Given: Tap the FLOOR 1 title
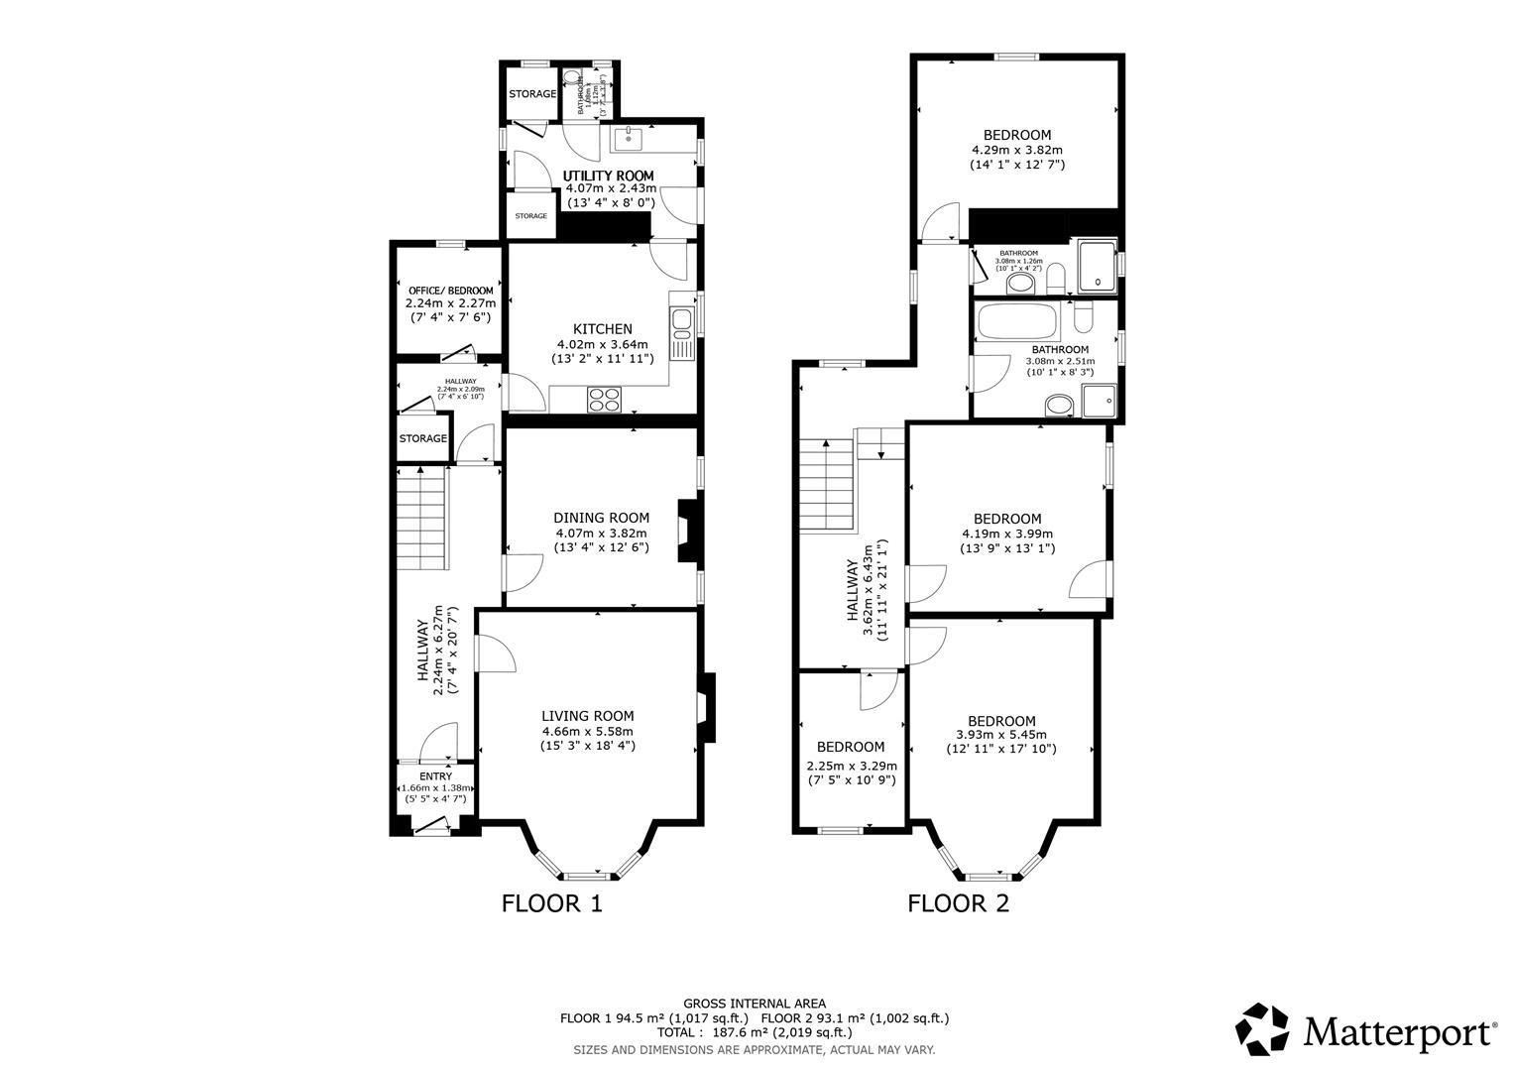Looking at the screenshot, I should pyautogui.click(x=551, y=903).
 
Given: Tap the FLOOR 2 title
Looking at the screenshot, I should pyautogui.click(x=958, y=903).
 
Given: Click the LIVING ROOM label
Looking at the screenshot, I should pyautogui.click(x=587, y=716).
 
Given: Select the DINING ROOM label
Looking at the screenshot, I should pyautogui.click(x=601, y=518).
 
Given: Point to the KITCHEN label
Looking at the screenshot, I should pyautogui.click(x=602, y=329).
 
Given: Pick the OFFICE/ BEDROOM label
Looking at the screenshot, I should pyautogui.click(x=450, y=291).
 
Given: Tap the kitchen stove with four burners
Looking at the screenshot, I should pyautogui.click(x=605, y=399).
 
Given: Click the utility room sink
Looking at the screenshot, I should pyautogui.click(x=628, y=140).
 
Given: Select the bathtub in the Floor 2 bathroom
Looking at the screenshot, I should pyautogui.click(x=1017, y=321).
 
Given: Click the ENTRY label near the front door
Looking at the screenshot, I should pyautogui.click(x=435, y=776).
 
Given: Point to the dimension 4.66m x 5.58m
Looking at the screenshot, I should pyautogui.click(x=587, y=731).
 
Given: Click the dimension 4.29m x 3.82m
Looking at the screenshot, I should pyautogui.click(x=1016, y=150).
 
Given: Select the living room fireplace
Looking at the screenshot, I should pyautogui.click(x=706, y=708).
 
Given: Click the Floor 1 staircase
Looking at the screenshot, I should pyautogui.click(x=423, y=519).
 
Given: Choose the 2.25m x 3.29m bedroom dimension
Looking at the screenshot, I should pyautogui.click(x=850, y=766).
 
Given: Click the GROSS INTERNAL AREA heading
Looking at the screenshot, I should pyautogui.click(x=754, y=1004).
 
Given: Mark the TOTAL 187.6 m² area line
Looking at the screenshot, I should pyautogui.click(x=754, y=1031).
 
